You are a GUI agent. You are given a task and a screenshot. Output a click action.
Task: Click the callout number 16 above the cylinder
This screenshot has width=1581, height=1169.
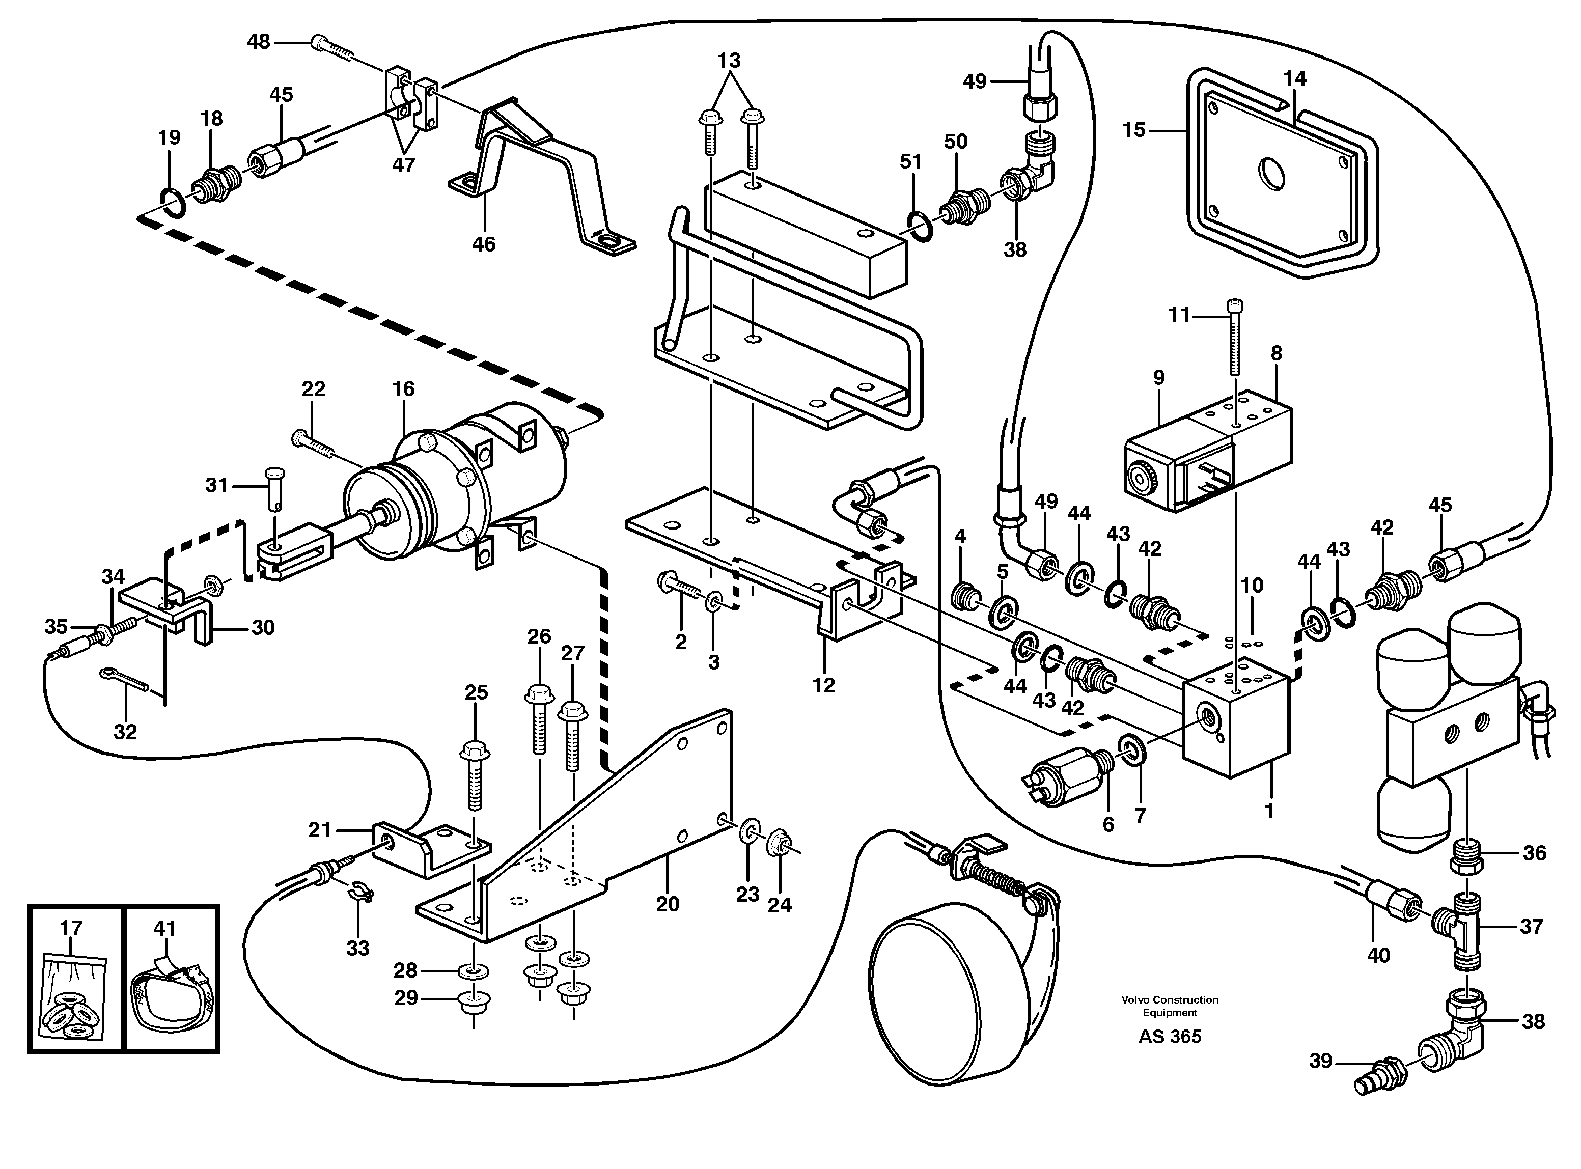click(x=403, y=388)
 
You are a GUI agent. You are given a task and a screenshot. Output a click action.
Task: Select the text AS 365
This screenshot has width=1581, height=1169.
click(x=1170, y=1037)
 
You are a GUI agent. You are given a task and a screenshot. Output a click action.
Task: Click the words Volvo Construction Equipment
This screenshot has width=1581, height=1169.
click(x=1170, y=1006)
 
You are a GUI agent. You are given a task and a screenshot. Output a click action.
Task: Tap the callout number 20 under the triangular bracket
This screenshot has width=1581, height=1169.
click(x=668, y=904)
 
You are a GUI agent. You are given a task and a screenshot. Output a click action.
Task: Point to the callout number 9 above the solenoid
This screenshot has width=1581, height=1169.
click(x=1158, y=378)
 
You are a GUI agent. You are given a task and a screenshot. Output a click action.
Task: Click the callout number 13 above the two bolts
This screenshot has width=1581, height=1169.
click(x=729, y=61)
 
